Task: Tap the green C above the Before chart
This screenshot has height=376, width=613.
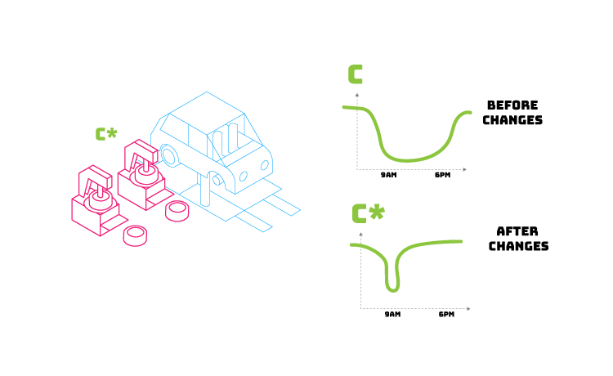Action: tap(356, 74)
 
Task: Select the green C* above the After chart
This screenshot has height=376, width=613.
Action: tap(368, 214)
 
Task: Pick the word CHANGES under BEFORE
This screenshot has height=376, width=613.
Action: tap(512, 120)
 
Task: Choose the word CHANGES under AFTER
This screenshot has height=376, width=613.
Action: tap(518, 246)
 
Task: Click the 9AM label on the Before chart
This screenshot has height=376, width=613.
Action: tap(389, 176)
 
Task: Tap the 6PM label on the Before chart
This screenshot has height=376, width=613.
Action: tap(442, 176)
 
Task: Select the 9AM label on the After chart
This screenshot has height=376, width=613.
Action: tap(392, 315)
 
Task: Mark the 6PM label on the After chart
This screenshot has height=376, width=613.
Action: tap(446, 315)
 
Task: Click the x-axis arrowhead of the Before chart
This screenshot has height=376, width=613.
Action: tap(464, 169)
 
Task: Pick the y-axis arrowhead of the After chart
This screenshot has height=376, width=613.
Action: tap(360, 233)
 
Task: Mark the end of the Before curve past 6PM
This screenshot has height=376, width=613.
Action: tap(469, 113)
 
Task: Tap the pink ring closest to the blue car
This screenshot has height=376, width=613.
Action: tap(177, 211)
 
